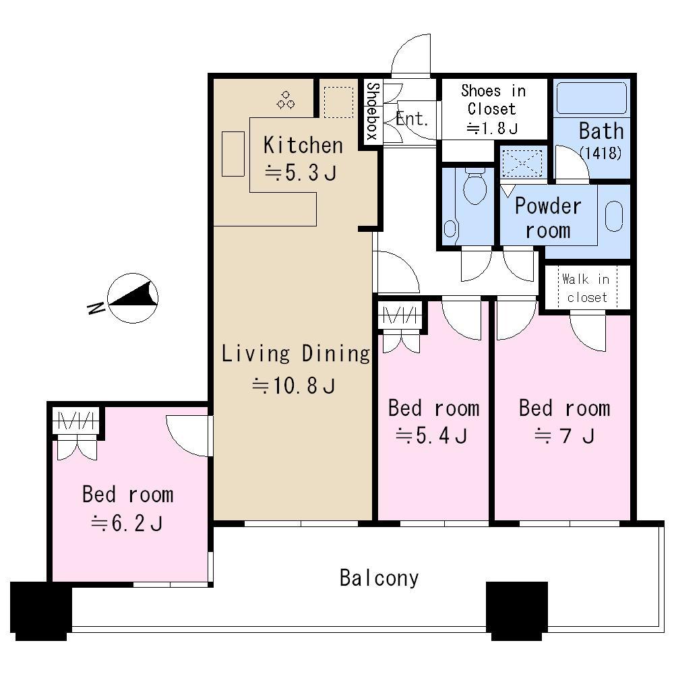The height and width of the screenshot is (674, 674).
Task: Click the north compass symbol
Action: pos(133,299)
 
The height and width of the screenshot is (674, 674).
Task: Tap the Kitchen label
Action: pos(303,145)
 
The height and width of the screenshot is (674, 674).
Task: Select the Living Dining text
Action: pos(296,353)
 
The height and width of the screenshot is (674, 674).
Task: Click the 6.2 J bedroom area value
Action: pos(127,523)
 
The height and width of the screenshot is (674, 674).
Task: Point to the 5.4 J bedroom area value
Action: pos(431,436)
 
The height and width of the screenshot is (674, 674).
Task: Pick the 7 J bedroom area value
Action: pos(564,436)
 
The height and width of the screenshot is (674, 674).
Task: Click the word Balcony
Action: pos(379,578)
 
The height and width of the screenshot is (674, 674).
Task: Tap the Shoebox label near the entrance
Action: pos(371,111)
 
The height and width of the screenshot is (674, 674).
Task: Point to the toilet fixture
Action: pos(475,185)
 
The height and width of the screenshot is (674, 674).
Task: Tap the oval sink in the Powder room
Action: pos(614,216)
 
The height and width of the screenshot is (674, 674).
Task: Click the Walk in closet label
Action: pos(586,288)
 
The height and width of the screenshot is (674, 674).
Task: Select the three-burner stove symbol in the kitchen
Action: pos(286,100)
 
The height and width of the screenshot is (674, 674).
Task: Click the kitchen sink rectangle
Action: pos(233,154)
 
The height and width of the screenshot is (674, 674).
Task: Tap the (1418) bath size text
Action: pos(600,153)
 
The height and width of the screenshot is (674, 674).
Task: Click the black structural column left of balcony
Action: pos(40,610)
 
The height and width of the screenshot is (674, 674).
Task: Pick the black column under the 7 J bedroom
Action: pos(516,610)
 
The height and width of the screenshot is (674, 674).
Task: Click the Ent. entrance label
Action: pos(412,119)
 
